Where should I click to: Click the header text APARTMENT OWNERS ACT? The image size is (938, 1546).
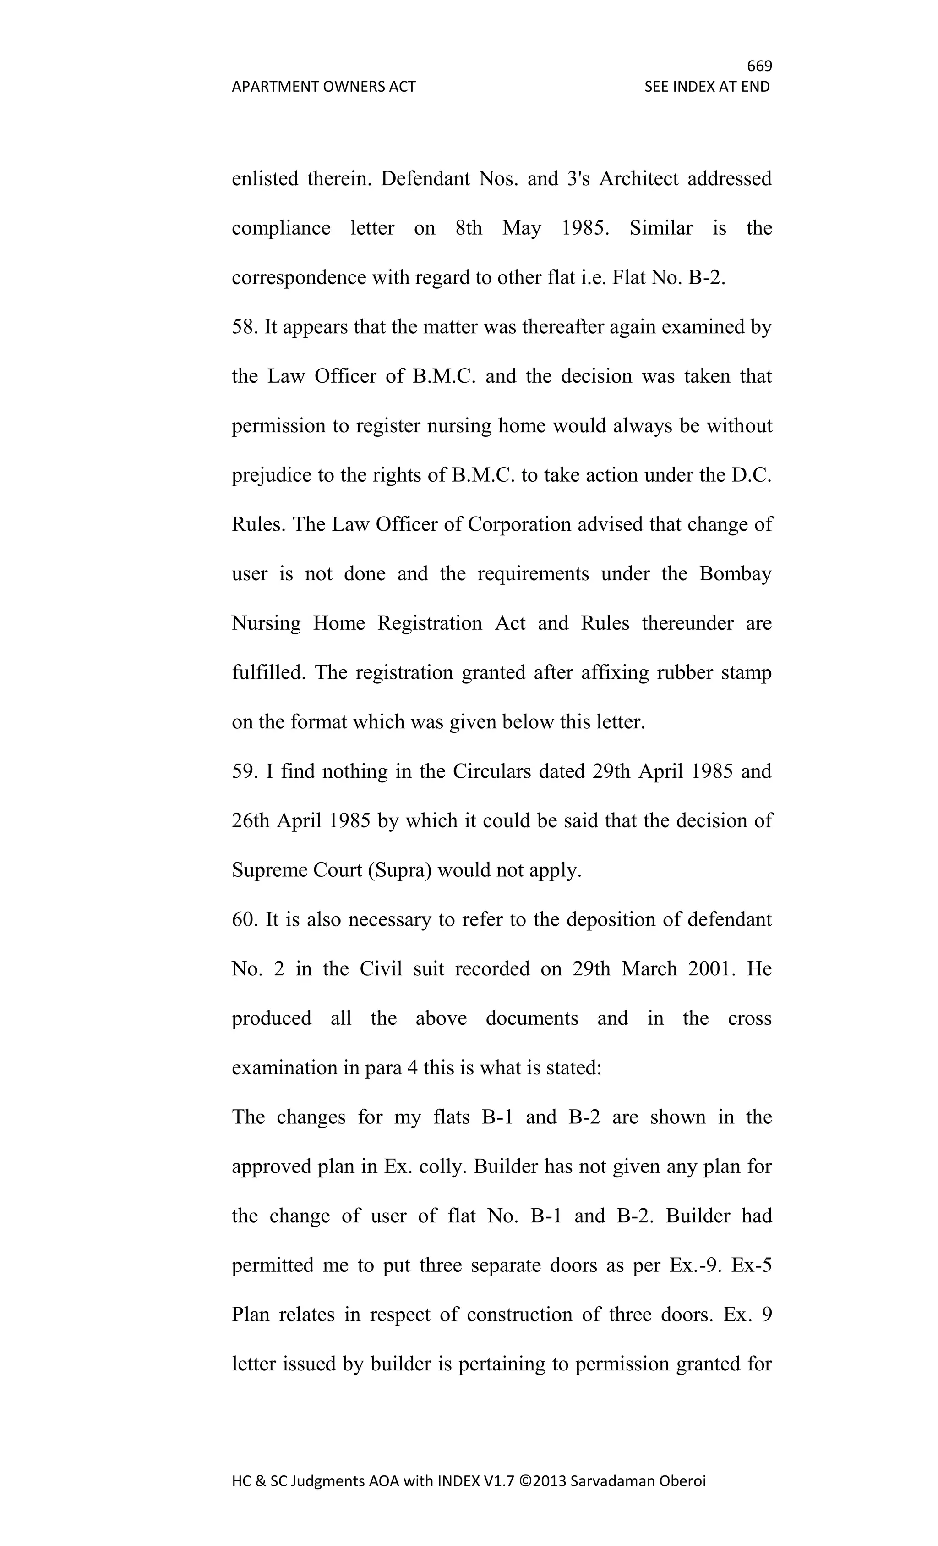pos(323,87)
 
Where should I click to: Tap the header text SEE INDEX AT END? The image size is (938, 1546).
pos(707,87)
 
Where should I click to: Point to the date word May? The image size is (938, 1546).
pos(521,228)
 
